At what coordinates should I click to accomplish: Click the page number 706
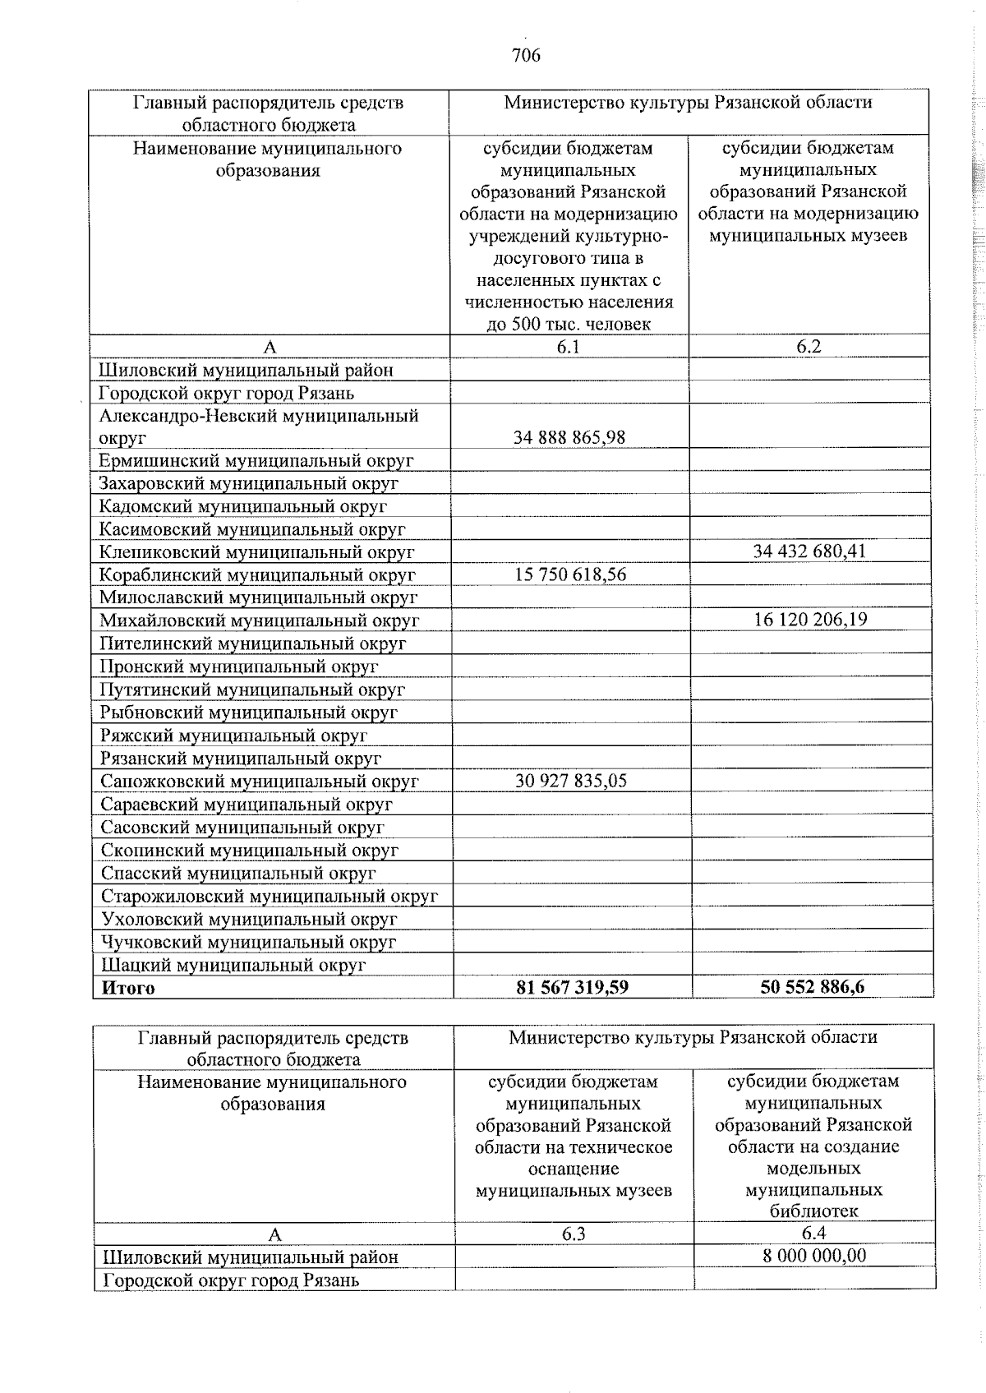(x=526, y=55)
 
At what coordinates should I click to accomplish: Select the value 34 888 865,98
(x=569, y=437)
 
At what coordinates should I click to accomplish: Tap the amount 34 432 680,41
(x=809, y=551)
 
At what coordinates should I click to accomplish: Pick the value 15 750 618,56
(x=570, y=574)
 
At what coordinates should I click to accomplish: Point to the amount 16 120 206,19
(x=810, y=620)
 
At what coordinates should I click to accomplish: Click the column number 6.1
(x=568, y=346)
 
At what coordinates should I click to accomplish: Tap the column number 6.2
(x=809, y=346)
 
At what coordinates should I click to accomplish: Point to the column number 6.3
(x=574, y=1233)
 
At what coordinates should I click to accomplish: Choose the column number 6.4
(x=813, y=1233)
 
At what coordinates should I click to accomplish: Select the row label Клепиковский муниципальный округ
(x=256, y=552)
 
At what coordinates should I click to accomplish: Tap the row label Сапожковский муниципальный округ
(x=260, y=781)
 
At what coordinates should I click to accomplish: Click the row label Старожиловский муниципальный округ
(x=270, y=896)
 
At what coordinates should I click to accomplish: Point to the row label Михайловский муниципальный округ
(x=260, y=620)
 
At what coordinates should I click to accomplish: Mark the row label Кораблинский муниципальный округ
(x=257, y=575)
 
